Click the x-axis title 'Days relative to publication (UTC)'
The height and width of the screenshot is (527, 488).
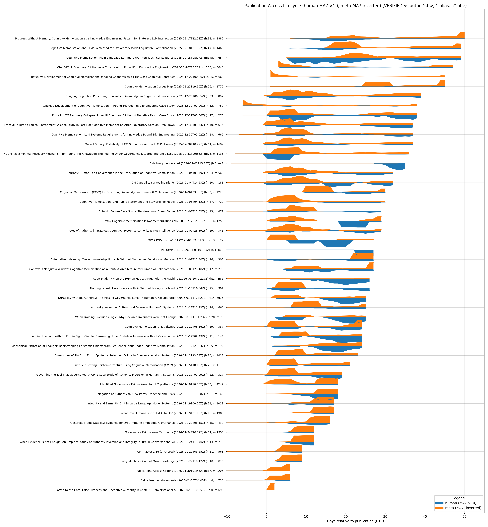click(x=355, y=521)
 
